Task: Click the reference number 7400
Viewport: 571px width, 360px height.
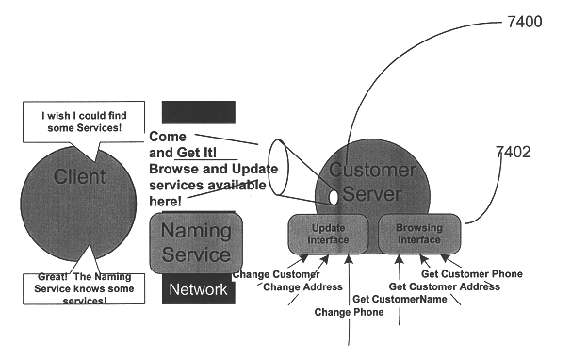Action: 524,22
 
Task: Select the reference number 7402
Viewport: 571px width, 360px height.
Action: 515,150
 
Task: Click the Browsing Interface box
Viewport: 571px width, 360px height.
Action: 418,234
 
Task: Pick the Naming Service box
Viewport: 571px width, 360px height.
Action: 196,242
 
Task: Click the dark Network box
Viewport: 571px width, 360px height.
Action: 198,289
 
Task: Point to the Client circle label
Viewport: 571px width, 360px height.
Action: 79,177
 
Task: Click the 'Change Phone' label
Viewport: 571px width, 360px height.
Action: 349,312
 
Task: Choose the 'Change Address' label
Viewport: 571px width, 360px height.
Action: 296,286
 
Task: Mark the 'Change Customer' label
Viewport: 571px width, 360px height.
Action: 277,274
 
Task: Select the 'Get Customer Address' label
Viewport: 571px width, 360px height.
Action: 444,286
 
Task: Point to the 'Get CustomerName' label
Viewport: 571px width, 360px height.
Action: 399,300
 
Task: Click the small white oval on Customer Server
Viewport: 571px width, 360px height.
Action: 333,198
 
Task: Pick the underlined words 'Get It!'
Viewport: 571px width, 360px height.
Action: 196,153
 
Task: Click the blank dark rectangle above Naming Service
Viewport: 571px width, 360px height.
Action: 198,112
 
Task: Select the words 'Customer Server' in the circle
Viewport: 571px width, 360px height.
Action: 370,182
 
